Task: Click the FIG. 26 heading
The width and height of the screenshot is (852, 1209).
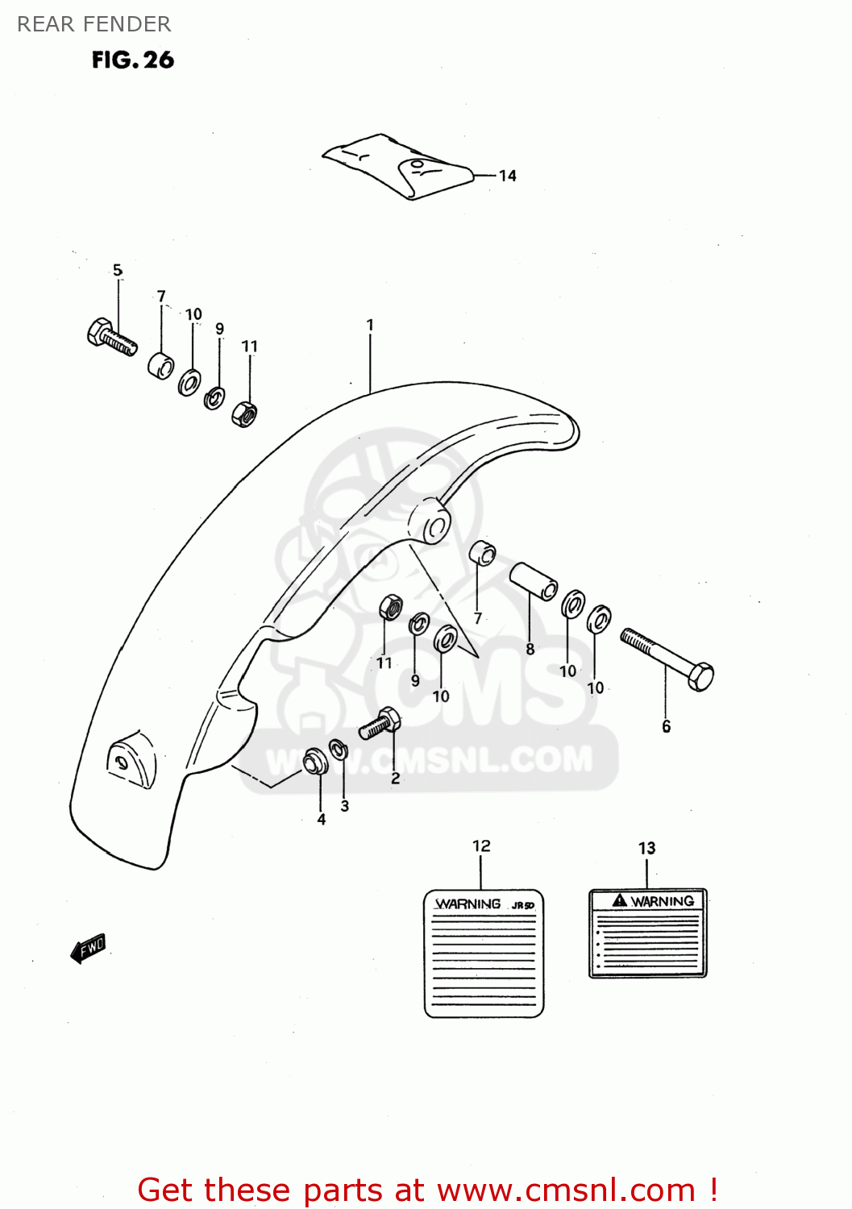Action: tap(132, 60)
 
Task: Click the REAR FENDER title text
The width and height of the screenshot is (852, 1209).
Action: tap(94, 24)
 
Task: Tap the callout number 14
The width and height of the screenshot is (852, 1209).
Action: tap(507, 176)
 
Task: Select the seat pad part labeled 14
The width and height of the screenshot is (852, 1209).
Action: tap(397, 165)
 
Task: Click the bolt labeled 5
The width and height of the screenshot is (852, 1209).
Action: tap(111, 336)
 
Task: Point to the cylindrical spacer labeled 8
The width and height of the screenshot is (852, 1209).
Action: tap(533, 580)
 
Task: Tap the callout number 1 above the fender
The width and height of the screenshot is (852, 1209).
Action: tap(370, 325)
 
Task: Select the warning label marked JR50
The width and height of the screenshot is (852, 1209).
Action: tap(484, 953)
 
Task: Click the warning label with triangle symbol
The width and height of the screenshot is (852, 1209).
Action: tap(647, 933)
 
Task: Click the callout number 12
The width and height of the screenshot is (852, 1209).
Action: tap(481, 845)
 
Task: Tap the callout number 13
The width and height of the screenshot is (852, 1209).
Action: tap(646, 848)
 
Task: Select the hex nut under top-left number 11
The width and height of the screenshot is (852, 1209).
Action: tap(244, 414)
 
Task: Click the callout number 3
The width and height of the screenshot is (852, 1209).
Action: tap(345, 805)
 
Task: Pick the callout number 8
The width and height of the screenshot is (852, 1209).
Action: tap(530, 649)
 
